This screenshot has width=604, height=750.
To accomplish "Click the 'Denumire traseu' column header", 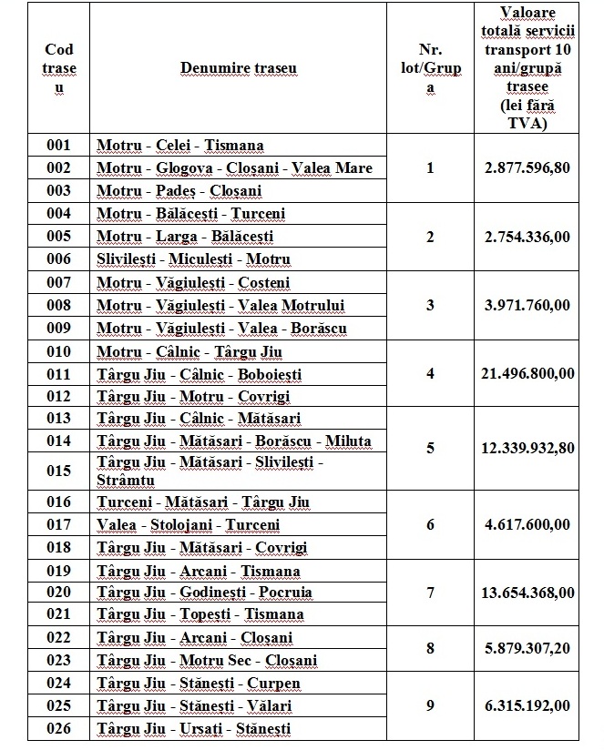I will [238, 68].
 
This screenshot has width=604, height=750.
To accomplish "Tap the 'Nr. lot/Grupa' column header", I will [432, 68].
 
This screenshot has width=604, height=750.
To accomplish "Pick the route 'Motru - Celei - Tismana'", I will [180, 146].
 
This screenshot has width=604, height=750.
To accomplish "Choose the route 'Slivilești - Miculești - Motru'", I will [193, 259].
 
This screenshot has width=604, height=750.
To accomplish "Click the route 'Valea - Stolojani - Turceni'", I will [189, 524].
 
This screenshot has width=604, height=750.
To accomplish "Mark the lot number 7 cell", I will [432, 593].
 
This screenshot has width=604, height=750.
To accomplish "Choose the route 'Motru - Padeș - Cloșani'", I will [179, 191].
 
